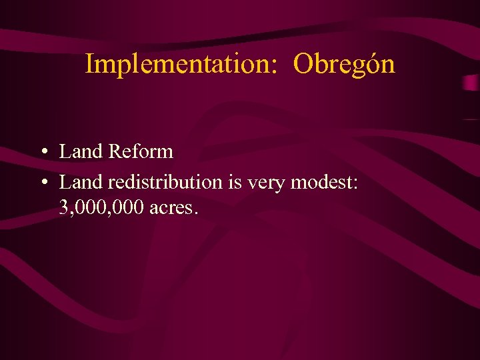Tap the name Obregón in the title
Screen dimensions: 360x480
pyautogui.click(x=344, y=64)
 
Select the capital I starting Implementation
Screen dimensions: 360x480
pyautogui.click(x=89, y=64)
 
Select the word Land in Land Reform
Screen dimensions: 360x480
pyautogui.click(x=81, y=151)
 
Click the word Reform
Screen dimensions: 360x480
pyautogui.click(x=141, y=151)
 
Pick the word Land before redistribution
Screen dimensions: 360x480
pyautogui.click(x=81, y=181)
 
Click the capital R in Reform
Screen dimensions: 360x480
pyautogui.click(x=115, y=151)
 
